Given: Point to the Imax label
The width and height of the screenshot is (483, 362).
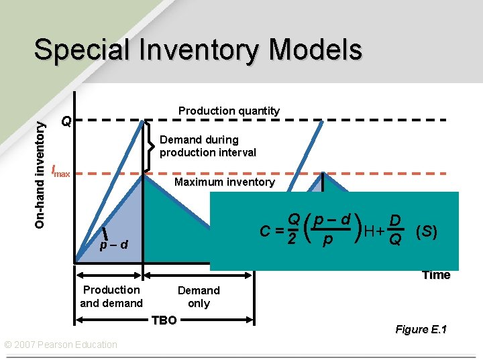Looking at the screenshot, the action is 61,171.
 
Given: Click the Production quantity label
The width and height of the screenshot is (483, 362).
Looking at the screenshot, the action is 229,111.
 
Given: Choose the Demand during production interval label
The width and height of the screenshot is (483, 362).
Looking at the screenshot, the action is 208,146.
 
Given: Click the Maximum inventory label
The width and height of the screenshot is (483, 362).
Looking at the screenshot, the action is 224,182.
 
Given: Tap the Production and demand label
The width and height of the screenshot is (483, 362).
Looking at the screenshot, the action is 111,296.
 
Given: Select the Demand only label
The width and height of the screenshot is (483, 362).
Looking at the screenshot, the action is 199,296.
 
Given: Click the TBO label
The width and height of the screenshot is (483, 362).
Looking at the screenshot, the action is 164,320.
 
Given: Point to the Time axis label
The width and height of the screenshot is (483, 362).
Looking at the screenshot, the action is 436,275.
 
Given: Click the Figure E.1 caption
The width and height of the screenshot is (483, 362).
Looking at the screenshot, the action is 421,329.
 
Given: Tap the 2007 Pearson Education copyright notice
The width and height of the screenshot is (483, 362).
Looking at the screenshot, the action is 61,345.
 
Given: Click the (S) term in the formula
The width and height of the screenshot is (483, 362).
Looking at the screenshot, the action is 427,232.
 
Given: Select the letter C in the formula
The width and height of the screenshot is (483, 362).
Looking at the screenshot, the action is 266,233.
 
